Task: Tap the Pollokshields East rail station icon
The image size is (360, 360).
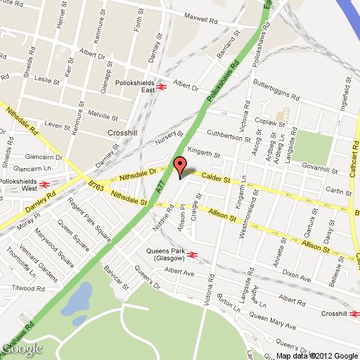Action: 162,88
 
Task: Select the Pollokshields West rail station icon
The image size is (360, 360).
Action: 44,185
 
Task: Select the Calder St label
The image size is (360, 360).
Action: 217,179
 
